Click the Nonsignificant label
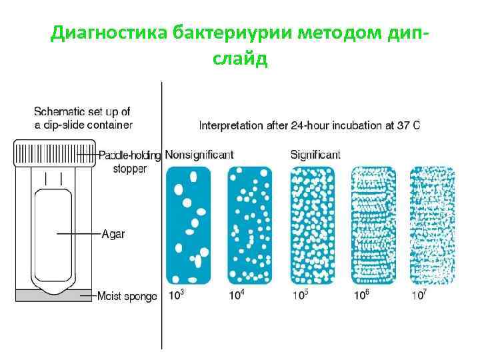pos(199,155)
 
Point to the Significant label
pos(315,155)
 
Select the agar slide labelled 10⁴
pos(250,225)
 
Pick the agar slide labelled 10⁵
pos(313,225)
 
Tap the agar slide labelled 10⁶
pos(373,225)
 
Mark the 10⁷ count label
pos(418,294)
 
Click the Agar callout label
pos(113,234)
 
